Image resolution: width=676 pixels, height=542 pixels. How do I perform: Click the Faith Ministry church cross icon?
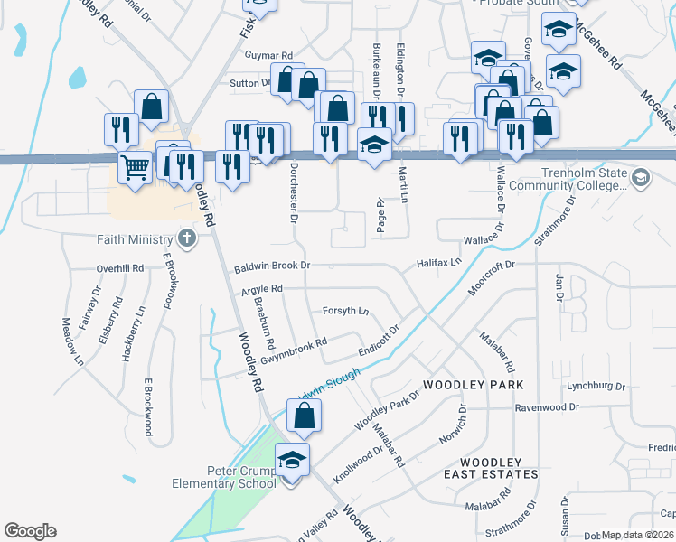186,239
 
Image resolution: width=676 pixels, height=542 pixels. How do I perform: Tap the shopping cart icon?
135,167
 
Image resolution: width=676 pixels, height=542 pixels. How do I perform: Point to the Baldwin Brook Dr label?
272,266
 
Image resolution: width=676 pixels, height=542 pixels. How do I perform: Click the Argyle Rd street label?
262,289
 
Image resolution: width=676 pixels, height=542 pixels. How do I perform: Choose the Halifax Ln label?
439,262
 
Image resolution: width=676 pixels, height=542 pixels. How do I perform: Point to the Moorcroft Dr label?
491,278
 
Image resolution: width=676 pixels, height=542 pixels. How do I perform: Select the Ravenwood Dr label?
547,407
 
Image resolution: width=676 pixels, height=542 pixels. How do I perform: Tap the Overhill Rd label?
121,268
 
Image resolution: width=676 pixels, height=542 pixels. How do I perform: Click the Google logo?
30,531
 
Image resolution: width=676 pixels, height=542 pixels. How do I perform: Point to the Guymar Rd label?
268,55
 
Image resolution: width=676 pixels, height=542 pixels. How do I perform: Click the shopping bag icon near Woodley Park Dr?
305,416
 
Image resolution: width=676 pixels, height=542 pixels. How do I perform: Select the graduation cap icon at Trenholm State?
641,177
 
